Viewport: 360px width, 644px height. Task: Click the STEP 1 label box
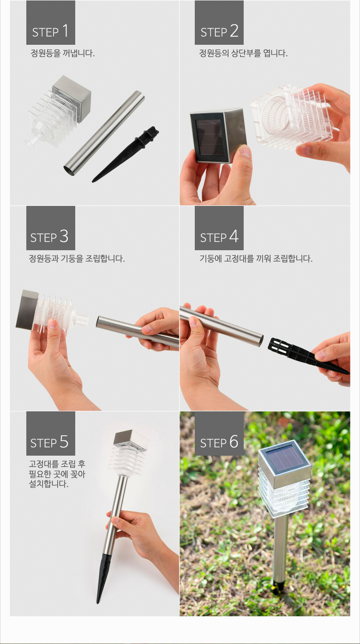[x=51, y=23]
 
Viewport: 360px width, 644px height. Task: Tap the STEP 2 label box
[x=219, y=23]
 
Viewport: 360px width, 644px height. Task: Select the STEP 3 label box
[x=51, y=228]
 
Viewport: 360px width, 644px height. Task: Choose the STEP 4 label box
[x=219, y=228]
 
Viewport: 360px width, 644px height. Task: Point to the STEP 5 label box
[x=51, y=433]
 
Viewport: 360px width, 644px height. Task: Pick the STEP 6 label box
[x=219, y=433]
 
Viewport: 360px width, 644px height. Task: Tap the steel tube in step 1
[x=104, y=133]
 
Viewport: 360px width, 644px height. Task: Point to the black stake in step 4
[x=308, y=356]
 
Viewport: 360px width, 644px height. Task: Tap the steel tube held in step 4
[x=222, y=326]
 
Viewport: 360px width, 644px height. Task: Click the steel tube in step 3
[x=138, y=331]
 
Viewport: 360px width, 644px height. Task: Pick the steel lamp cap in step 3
[x=27, y=309]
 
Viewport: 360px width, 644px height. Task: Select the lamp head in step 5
[x=129, y=452]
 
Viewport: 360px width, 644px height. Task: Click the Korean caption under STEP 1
[x=63, y=53]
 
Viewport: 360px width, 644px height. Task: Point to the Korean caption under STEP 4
[x=256, y=259]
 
